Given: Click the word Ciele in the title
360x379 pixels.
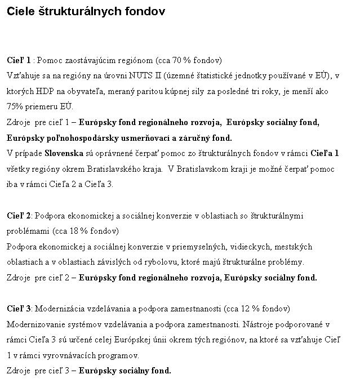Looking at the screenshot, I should point(19,12).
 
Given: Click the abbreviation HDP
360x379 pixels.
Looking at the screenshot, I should point(43,91).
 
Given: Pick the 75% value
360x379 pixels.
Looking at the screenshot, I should point(15,106).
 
